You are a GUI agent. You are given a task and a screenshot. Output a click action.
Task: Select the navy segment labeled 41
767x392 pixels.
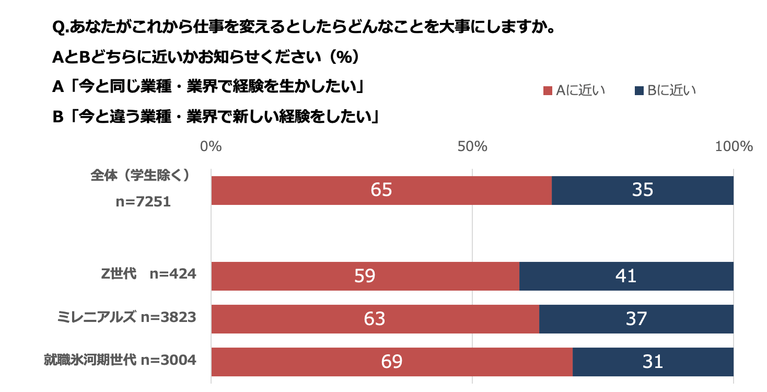tap(626, 276)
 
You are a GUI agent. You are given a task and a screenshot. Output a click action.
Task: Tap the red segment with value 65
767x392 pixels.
tap(381, 190)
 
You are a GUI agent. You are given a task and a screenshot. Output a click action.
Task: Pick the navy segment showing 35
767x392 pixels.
tap(643, 190)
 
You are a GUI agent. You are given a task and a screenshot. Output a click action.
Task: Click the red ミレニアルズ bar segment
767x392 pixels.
tap(375, 319)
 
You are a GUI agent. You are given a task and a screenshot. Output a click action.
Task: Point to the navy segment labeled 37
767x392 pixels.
tap(636, 319)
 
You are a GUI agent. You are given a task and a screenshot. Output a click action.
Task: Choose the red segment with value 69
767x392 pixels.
tap(392, 362)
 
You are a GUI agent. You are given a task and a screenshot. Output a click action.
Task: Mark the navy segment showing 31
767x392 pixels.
tap(653, 362)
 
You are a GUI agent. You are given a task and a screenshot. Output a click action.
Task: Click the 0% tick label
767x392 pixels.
tap(211, 146)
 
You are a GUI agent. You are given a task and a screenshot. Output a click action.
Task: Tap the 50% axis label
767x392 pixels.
tap(472, 146)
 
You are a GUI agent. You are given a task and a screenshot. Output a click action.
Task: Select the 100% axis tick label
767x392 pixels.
tap(734, 146)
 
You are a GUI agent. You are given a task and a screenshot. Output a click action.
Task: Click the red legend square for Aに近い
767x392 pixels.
tap(548, 91)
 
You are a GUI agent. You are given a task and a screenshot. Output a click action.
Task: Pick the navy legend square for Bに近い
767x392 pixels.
tap(638, 91)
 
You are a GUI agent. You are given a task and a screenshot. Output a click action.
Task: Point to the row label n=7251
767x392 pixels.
tap(143, 202)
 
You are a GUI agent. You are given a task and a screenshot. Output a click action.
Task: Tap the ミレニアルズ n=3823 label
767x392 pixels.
tap(127, 317)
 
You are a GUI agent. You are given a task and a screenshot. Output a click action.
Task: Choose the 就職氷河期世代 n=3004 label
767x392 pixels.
tap(120, 360)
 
